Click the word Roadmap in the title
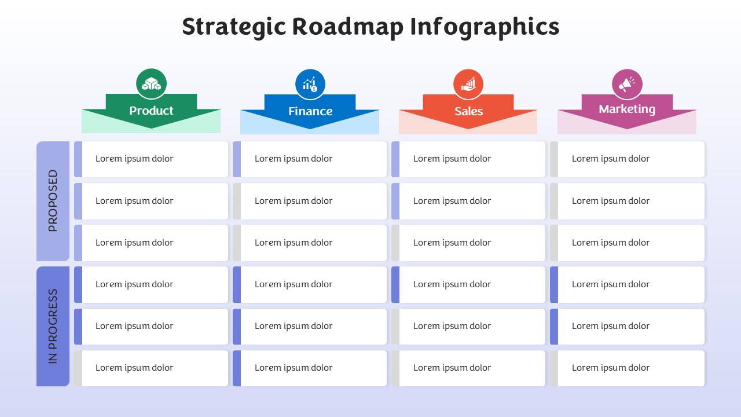(x=348, y=27)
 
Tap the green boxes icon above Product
(x=151, y=84)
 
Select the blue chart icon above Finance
(x=310, y=85)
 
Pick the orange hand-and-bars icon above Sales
(x=468, y=85)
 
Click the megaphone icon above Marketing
(x=627, y=85)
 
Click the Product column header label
(x=151, y=111)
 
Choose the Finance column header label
(x=310, y=111)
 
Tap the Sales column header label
(x=468, y=111)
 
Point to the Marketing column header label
(x=627, y=109)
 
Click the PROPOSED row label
(x=53, y=200)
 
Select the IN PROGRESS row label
(x=53, y=326)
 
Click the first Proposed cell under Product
(x=151, y=159)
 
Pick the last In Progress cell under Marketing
(x=627, y=368)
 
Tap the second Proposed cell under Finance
(x=310, y=201)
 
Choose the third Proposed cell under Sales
(x=468, y=243)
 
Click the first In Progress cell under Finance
(x=310, y=284)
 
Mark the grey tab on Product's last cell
(x=78, y=368)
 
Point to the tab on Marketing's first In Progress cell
(x=554, y=284)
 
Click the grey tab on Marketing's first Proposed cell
(x=554, y=159)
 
